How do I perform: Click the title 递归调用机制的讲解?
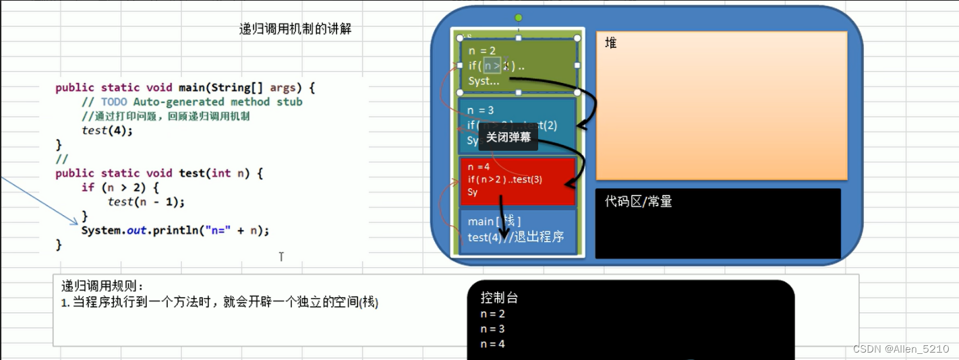(x=295, y=29)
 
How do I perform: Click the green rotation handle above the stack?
(x=518, y=17)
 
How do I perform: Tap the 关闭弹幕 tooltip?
(x=509, y=137)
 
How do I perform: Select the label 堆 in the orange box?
(x=610, y=43)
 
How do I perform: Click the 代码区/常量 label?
(x=638, y=201)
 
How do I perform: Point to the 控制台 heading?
(x=499, y=298)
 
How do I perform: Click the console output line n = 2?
(x=492, y=313)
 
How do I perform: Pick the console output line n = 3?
(x=492, y=329)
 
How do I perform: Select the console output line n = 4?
(x=492, y=344)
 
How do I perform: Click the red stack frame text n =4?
(x=479, y=167)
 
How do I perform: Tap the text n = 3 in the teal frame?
(x=480, y=111)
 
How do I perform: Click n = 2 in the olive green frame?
(x=482, y=51)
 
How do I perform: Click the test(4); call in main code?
(x=107, y=130)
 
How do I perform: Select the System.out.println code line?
(x=175, y=231)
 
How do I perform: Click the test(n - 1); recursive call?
(x=146, y=202)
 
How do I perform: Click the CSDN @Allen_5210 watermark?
(x=901, y=349)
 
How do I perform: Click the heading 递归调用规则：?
(x=103, y=286)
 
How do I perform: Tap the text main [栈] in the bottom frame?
(x=494, y=221)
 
